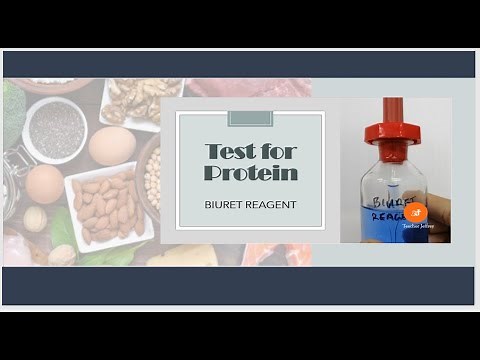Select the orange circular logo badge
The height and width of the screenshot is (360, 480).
coord(416,212)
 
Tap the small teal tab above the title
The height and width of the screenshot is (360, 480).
coord(250,119)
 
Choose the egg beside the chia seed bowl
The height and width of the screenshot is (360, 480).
coord(111,145)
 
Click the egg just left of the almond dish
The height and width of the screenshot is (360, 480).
coord(45,185)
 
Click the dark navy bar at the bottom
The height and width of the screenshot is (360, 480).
coord(240,285)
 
